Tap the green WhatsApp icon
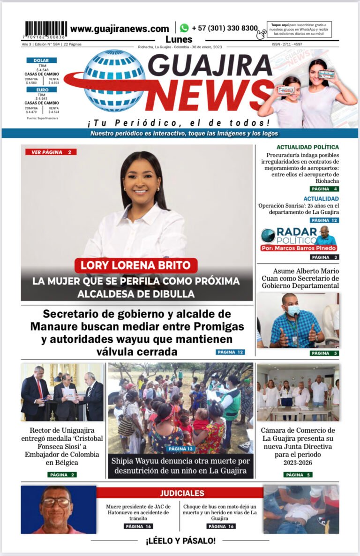tap(184, 28)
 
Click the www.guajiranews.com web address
tap(120, 29)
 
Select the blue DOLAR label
tap(42, 60)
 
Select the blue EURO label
tap(42, 90)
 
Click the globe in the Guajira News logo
tap(114, 80)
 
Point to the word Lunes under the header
tap(180, 39)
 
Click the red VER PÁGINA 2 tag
tap(51, 152)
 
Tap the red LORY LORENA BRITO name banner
tap(135, 265)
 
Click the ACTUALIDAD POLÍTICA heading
tap(307, 147)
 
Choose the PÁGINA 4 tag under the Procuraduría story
tap(324, 189)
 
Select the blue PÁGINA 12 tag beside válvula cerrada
tap(230, 352)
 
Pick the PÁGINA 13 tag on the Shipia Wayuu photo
tap(180, 449)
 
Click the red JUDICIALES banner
tap(182, 493)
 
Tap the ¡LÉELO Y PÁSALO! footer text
tap(180, 541)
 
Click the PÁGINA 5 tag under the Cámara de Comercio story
tap(298, 474)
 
